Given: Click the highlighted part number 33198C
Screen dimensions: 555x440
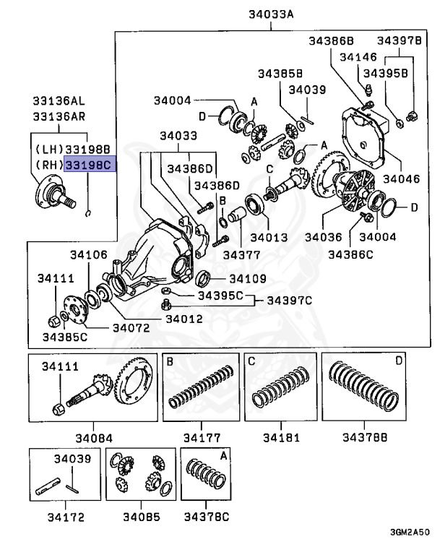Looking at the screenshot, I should [89, 165].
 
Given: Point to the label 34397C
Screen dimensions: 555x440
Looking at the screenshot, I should [290, 300].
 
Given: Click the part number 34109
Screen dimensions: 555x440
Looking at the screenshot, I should [247, 278].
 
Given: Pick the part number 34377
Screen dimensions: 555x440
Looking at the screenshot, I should [241, 254].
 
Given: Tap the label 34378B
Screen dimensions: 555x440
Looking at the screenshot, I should [365, 437].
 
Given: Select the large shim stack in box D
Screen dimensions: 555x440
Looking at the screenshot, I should [364, 390].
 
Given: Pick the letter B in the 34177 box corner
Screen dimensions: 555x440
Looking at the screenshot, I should [170, 361].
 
